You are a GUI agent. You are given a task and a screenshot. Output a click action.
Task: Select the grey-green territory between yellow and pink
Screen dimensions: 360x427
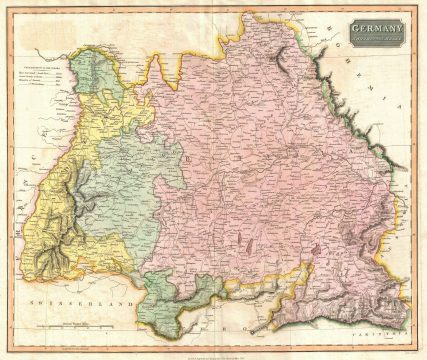120,190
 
